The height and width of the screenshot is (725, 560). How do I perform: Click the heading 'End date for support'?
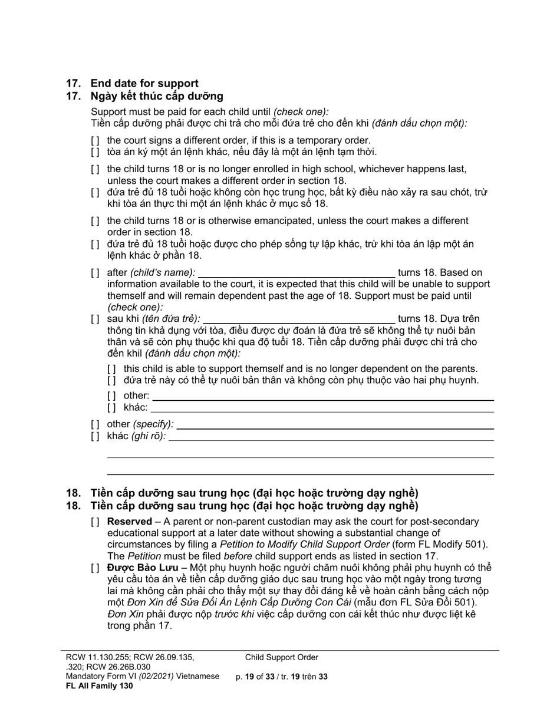(x=144, y=83)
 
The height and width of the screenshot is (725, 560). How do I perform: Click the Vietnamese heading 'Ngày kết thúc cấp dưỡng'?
(x=157, y=96)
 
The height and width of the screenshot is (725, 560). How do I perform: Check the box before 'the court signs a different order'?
(x=95, y=141)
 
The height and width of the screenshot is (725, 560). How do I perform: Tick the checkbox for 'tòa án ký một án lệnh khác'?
(x=95, y=152)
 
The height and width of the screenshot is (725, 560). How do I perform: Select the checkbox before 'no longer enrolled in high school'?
(x=95, y=169)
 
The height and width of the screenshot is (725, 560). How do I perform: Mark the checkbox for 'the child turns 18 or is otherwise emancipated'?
(x=95, y=221)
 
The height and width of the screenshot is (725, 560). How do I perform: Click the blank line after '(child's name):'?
(x=297, y=272)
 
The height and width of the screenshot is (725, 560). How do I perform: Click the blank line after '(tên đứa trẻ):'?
(x=299, y=319)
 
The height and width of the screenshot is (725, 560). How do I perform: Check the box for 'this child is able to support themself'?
(x=111, y=369)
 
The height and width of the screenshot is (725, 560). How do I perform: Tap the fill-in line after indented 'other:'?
(x=322, y=396)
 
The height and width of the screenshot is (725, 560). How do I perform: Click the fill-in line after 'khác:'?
(x=322, y=408)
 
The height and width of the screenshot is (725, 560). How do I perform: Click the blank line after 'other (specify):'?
(x=335, y=424)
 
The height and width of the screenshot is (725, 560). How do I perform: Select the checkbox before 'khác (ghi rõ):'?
(x=95, y=437)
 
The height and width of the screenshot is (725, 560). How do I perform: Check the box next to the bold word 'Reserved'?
(x=95, y=522)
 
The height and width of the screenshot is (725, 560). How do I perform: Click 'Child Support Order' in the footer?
(x=282, y=657)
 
